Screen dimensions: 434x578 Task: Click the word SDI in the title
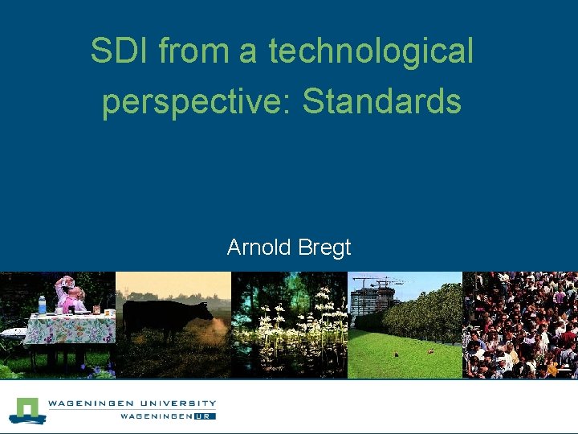click(x=120, y=51)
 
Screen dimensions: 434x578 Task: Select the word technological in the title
click(x=372, y=51)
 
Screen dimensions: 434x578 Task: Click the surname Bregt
click(x=325, y=248)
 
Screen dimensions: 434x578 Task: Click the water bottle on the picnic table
click(x=42, y=305)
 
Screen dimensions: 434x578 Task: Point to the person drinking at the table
click(x=69, y=293)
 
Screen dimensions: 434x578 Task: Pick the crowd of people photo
click(x=520, y=325)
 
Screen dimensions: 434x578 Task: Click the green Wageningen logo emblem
click(x=27, y=410)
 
